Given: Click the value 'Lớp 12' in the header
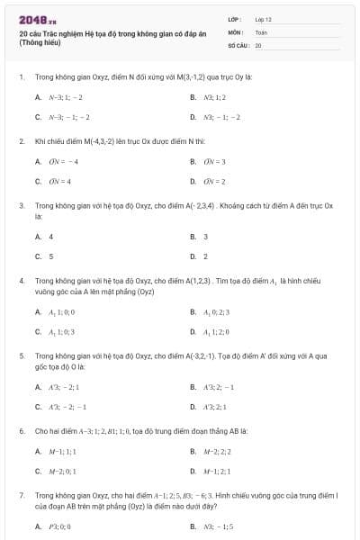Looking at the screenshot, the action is tap(263, 19).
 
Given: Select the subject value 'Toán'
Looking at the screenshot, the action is tap(261, 31).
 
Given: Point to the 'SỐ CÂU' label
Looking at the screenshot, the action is tap(237, 44).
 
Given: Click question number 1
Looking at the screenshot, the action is tap(21, 77).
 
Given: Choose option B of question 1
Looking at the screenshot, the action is tap(212, 97).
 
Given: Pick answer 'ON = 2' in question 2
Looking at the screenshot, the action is tap(213, 181).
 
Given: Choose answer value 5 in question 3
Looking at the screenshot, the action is tap(51, 256).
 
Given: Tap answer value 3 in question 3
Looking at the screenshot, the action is tap(205, 237).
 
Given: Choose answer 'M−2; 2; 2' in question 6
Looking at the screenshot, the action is tap(216, 451).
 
